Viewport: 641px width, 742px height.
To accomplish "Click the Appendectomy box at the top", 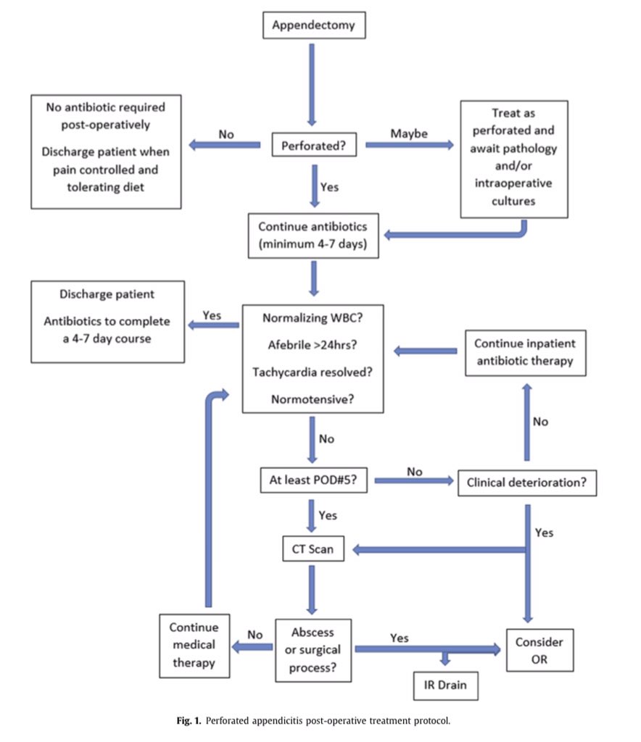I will pyautogui.click(x=313, y=26).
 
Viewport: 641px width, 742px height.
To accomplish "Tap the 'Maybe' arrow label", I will pyautogui.click(x=408, y=133).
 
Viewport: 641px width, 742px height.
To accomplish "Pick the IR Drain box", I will pyautogui.click(x=445, y=683).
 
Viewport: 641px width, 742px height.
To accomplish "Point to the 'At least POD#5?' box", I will pyautogui.click(x=313, y=480).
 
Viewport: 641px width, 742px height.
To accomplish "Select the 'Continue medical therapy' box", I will pyautogui.click(x=194, y=643).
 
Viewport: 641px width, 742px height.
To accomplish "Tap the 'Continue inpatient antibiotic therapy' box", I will pyautogui.click(x=525, y=353).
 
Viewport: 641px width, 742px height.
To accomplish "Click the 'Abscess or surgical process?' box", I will pyautogui.click(x=313, y=650).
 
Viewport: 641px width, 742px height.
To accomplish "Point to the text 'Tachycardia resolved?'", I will pyautogui.click(x=313, y=372).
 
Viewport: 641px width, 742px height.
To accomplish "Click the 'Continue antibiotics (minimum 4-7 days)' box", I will pyautogui.click(x=313, y=235).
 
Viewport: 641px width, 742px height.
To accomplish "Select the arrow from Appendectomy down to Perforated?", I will pyautogui.click(x=313, y=83).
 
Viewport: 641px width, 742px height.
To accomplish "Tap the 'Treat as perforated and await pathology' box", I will pyautogui.click(x=514, y=159).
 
